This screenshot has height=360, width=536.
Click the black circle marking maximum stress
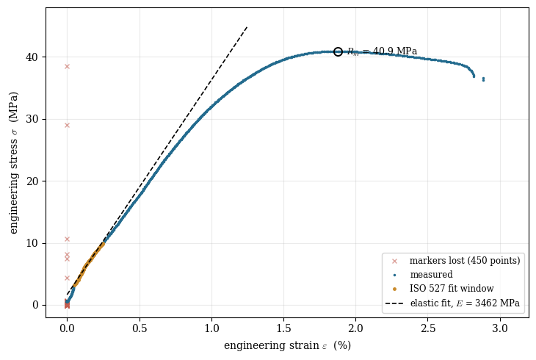[x=338, y=51]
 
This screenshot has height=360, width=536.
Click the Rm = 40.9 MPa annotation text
[x=382, y=51]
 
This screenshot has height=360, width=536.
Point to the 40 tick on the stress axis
[x=32, y=57]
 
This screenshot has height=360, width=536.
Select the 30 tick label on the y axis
[x=32, y=120]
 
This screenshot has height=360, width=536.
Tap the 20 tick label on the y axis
[x=32, y=181]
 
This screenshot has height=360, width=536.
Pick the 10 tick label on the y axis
[x=32, y=243]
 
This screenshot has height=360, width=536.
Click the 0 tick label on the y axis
[x=35, y=305]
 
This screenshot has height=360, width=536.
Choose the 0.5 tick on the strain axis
[x=140, y=328]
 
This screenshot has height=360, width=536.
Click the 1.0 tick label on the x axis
[x=211, y=328]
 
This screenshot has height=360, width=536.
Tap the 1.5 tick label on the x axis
[x=283, y=328]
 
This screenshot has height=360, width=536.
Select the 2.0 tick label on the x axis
[x=356, y=328]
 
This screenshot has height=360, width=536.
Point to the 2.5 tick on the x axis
[x=428, y=328]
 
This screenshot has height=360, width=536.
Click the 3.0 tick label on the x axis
[x=500, y=328]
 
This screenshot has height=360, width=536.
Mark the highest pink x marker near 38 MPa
[x=67, y=66]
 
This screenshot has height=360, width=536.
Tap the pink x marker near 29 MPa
[x=67, y=125]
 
